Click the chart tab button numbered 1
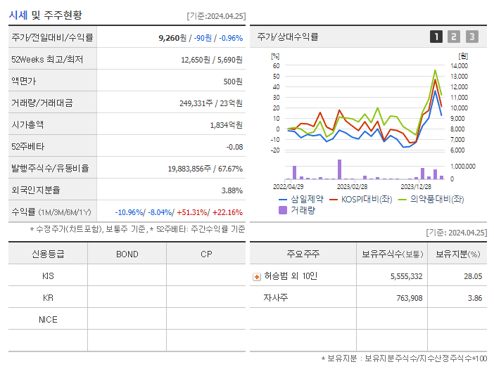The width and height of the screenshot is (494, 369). [436, 37]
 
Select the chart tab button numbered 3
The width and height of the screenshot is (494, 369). [471, 37]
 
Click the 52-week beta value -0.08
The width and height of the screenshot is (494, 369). [234, 147]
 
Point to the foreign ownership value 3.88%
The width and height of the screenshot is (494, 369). [232, 190]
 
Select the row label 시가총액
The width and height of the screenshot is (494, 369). [27, 125]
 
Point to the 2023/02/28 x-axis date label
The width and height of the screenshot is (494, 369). [352, 187]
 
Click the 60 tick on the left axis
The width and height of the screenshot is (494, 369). [277, 65]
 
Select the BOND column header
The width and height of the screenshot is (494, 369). [127, 254]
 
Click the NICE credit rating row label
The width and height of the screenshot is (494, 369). [48, 320]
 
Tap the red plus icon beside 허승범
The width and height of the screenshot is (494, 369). [256, 277]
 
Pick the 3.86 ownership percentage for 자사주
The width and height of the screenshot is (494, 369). [475, 299]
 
